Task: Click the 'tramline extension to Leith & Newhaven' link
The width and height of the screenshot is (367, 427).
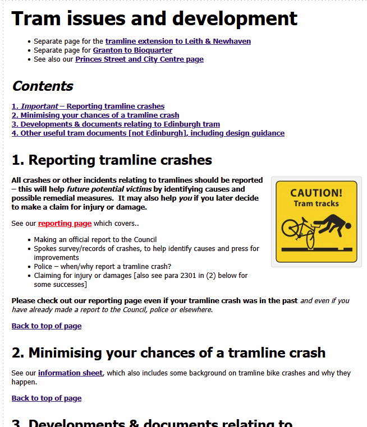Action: coord(178,41)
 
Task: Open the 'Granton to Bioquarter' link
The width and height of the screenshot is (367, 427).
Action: coord(132,50)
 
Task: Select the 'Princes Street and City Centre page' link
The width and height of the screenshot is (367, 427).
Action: coord(139,59)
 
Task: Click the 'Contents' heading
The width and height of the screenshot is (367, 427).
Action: coord(43,86)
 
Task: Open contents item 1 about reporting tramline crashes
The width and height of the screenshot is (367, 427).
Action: coord(88,106)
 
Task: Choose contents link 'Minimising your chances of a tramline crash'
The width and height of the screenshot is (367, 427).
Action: coord(95,115)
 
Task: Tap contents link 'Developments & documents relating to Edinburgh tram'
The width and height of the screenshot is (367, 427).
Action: coord(116,124)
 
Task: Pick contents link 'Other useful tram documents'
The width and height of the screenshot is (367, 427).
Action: coord(148,133)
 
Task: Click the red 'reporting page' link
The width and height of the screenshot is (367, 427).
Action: coord(65,223)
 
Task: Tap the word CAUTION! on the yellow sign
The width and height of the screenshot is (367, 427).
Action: coord(316,193)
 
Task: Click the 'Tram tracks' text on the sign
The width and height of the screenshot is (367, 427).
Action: coord(316,203)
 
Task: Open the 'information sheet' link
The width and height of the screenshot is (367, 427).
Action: coord(70,373)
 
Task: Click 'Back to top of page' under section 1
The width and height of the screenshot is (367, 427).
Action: coord(47,326)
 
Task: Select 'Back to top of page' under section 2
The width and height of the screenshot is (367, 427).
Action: coord(47,398)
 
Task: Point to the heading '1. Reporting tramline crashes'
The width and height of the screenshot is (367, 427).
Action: coord(112,160)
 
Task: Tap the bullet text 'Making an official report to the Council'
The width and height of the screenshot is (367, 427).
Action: coord(95,239)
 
